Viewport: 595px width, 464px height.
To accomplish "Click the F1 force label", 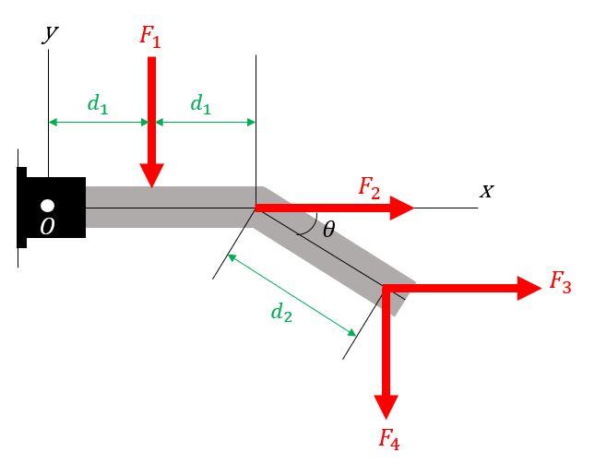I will tap(149, 36).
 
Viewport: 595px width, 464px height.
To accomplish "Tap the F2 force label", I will tap(369, 188).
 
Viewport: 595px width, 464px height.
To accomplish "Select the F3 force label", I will tap(560, 282).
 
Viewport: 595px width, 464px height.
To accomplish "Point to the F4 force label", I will tap(388, 440).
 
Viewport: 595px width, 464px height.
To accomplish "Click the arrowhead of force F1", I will tap(152, 176).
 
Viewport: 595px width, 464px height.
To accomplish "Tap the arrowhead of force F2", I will tap(402, 208).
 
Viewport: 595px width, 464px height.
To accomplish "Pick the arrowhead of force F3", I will tap(529, 289).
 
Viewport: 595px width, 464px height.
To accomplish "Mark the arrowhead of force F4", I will tap(387, 406).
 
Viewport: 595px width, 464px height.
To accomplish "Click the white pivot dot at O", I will tap(48, 206).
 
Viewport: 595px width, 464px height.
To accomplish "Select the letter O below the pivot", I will tap(47, 226).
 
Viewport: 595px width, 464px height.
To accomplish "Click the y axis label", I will tap(51, 33).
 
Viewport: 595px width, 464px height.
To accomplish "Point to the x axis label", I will tap(486, 191).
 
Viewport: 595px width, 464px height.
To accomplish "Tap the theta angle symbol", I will tap(328, 230).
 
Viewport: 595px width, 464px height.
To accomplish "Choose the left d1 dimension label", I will tap(98, 104).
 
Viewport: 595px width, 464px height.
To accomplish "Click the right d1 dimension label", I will tap(200, 104).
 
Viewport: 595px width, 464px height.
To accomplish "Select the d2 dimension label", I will tap(281, 313).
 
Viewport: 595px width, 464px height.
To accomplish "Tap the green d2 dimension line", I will tap(292, 293).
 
